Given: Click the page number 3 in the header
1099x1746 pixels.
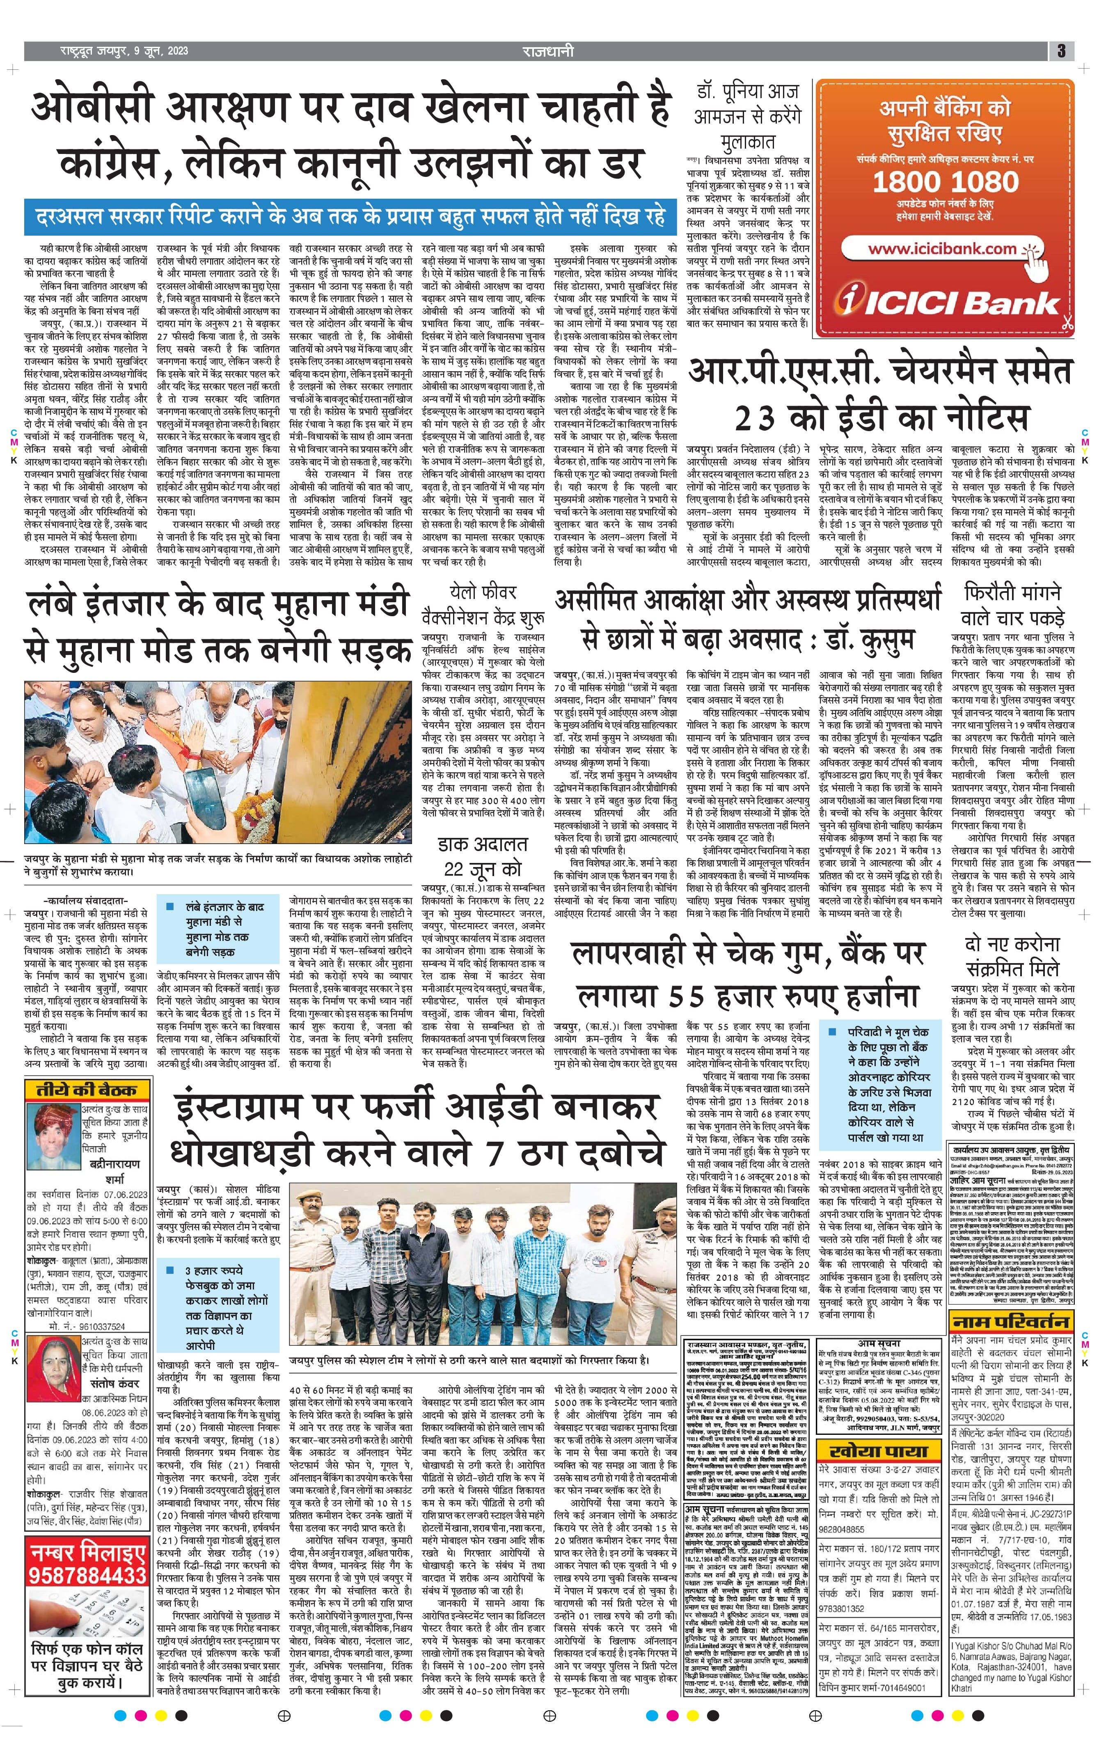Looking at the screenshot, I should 1060,51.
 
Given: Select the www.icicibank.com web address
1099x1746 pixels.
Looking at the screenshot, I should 942,249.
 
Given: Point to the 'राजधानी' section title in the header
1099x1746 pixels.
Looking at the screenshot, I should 547,51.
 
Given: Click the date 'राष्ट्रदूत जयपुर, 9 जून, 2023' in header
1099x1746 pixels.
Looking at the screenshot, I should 125,51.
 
